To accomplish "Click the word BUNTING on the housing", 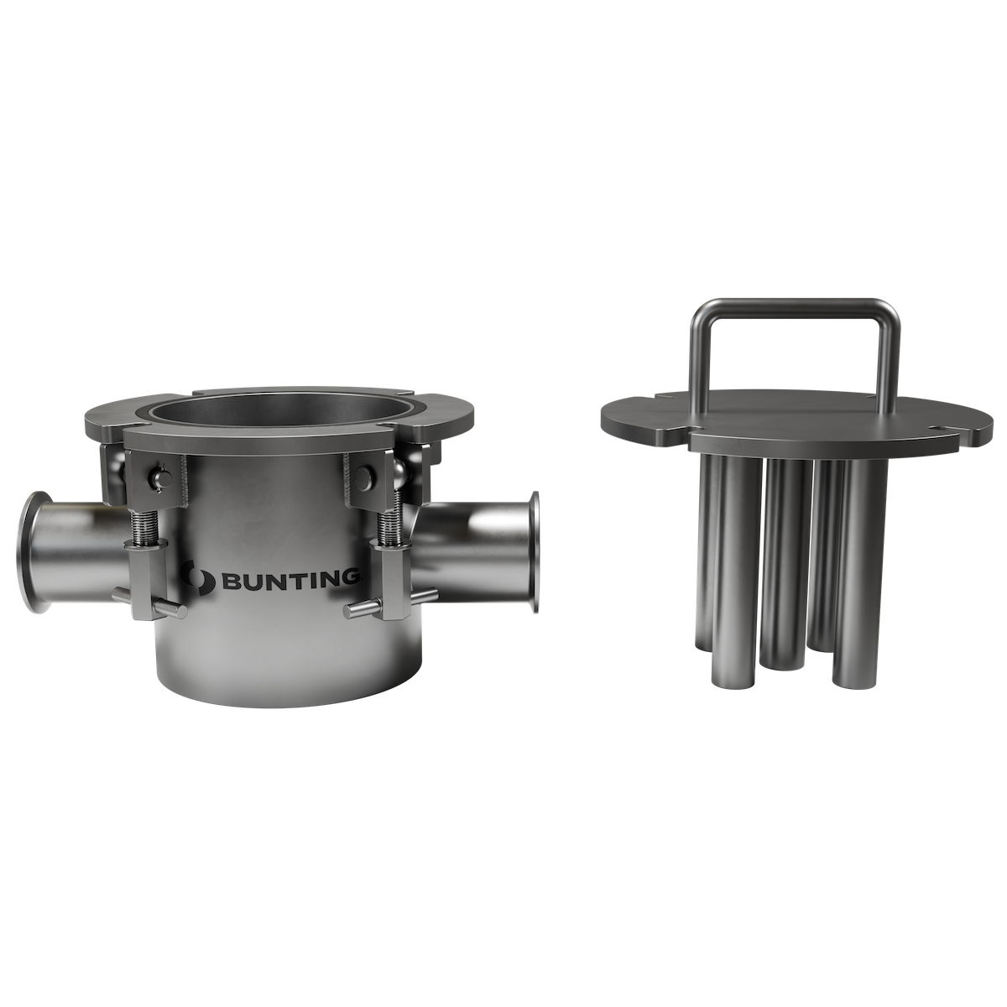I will pyautogui.click(x=290, y=579).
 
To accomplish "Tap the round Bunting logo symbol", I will pyautogui.click(x=200, y=577).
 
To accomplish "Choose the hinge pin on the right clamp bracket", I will pyautogui.click(x=363, y=476).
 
